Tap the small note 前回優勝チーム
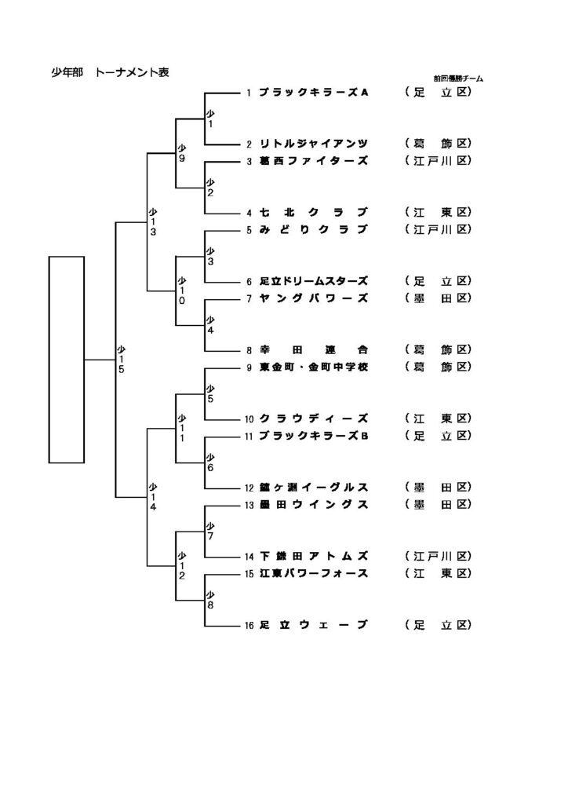[x=458, y=79]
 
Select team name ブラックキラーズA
[x=313, y=93]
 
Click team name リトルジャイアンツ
[x=313, y=144]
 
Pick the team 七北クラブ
[x=313, y=212]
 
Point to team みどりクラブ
[x=313, y=229]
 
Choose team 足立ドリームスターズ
[x=313, y=280]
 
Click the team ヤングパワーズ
[x=313, y=298]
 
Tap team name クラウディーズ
[x=313, y=418]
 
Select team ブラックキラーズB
[x=313, y=435]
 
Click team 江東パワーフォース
[x=313, y=573]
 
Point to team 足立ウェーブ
[x=313, y=625]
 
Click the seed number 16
[x=249, y=626]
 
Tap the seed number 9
[x=248, y=367]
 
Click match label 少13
[x=153, y=221]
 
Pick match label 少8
[x=209, y=600]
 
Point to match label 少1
[x=209, y=119]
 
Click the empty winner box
[x=67, y=359]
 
